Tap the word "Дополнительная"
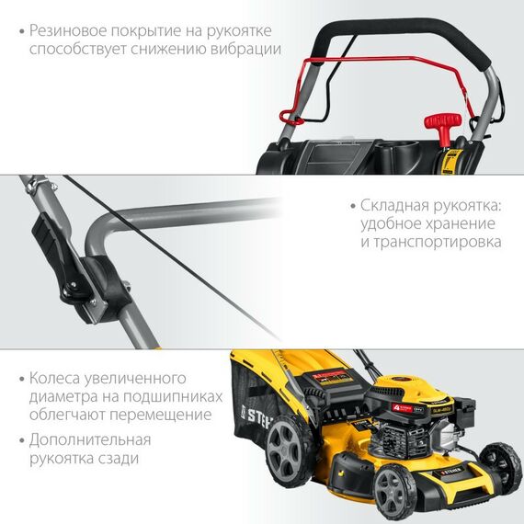[87, 439]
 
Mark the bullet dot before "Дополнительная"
[20, 440]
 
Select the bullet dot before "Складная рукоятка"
[354, 206]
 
